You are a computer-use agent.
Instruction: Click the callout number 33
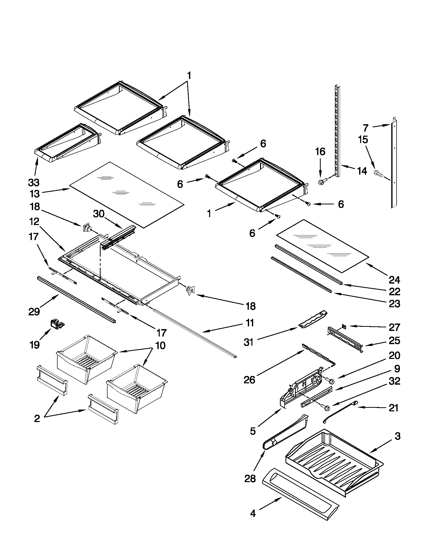pyautogui.click(x=34, y=183)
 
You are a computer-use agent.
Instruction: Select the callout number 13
pyautogui.click(x=34, y=194)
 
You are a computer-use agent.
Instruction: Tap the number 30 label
pyautogui.click(x=99, y=214)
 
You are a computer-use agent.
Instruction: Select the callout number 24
pyautogui.click(x=394, y=280)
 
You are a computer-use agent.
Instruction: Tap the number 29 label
pyautogui.click(x=34, y=312)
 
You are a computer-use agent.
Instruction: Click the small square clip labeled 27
pyautogui.click(x=344, y=326)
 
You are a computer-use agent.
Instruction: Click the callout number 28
pyautogui.click(x=250, y=478)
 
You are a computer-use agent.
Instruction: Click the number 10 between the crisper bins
pyautogui.click(x=160, y=346)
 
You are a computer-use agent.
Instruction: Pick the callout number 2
pyautogui.click(x=37, y=419)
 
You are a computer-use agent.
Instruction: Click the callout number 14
pyautogui.click(x=362, y=171)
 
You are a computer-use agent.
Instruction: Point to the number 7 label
pyautogui.click(x=366, y=128)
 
